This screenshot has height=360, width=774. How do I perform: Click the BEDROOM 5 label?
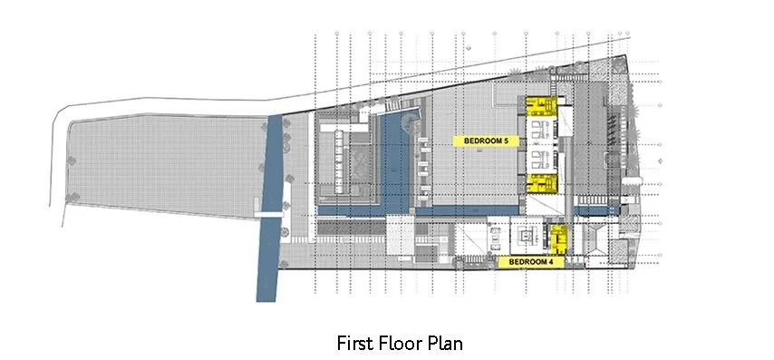[489, 141]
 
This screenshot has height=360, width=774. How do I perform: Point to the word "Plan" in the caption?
[447, 344]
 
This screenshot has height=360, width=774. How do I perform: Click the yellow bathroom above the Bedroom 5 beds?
[541, 108]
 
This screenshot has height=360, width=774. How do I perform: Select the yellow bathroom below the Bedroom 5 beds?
[542, 184]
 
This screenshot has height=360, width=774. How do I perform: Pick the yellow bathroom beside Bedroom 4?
[559, 239]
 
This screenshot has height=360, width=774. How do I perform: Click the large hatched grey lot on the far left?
[154, 168]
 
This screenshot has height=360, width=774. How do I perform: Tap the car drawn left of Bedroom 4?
[495, 239]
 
